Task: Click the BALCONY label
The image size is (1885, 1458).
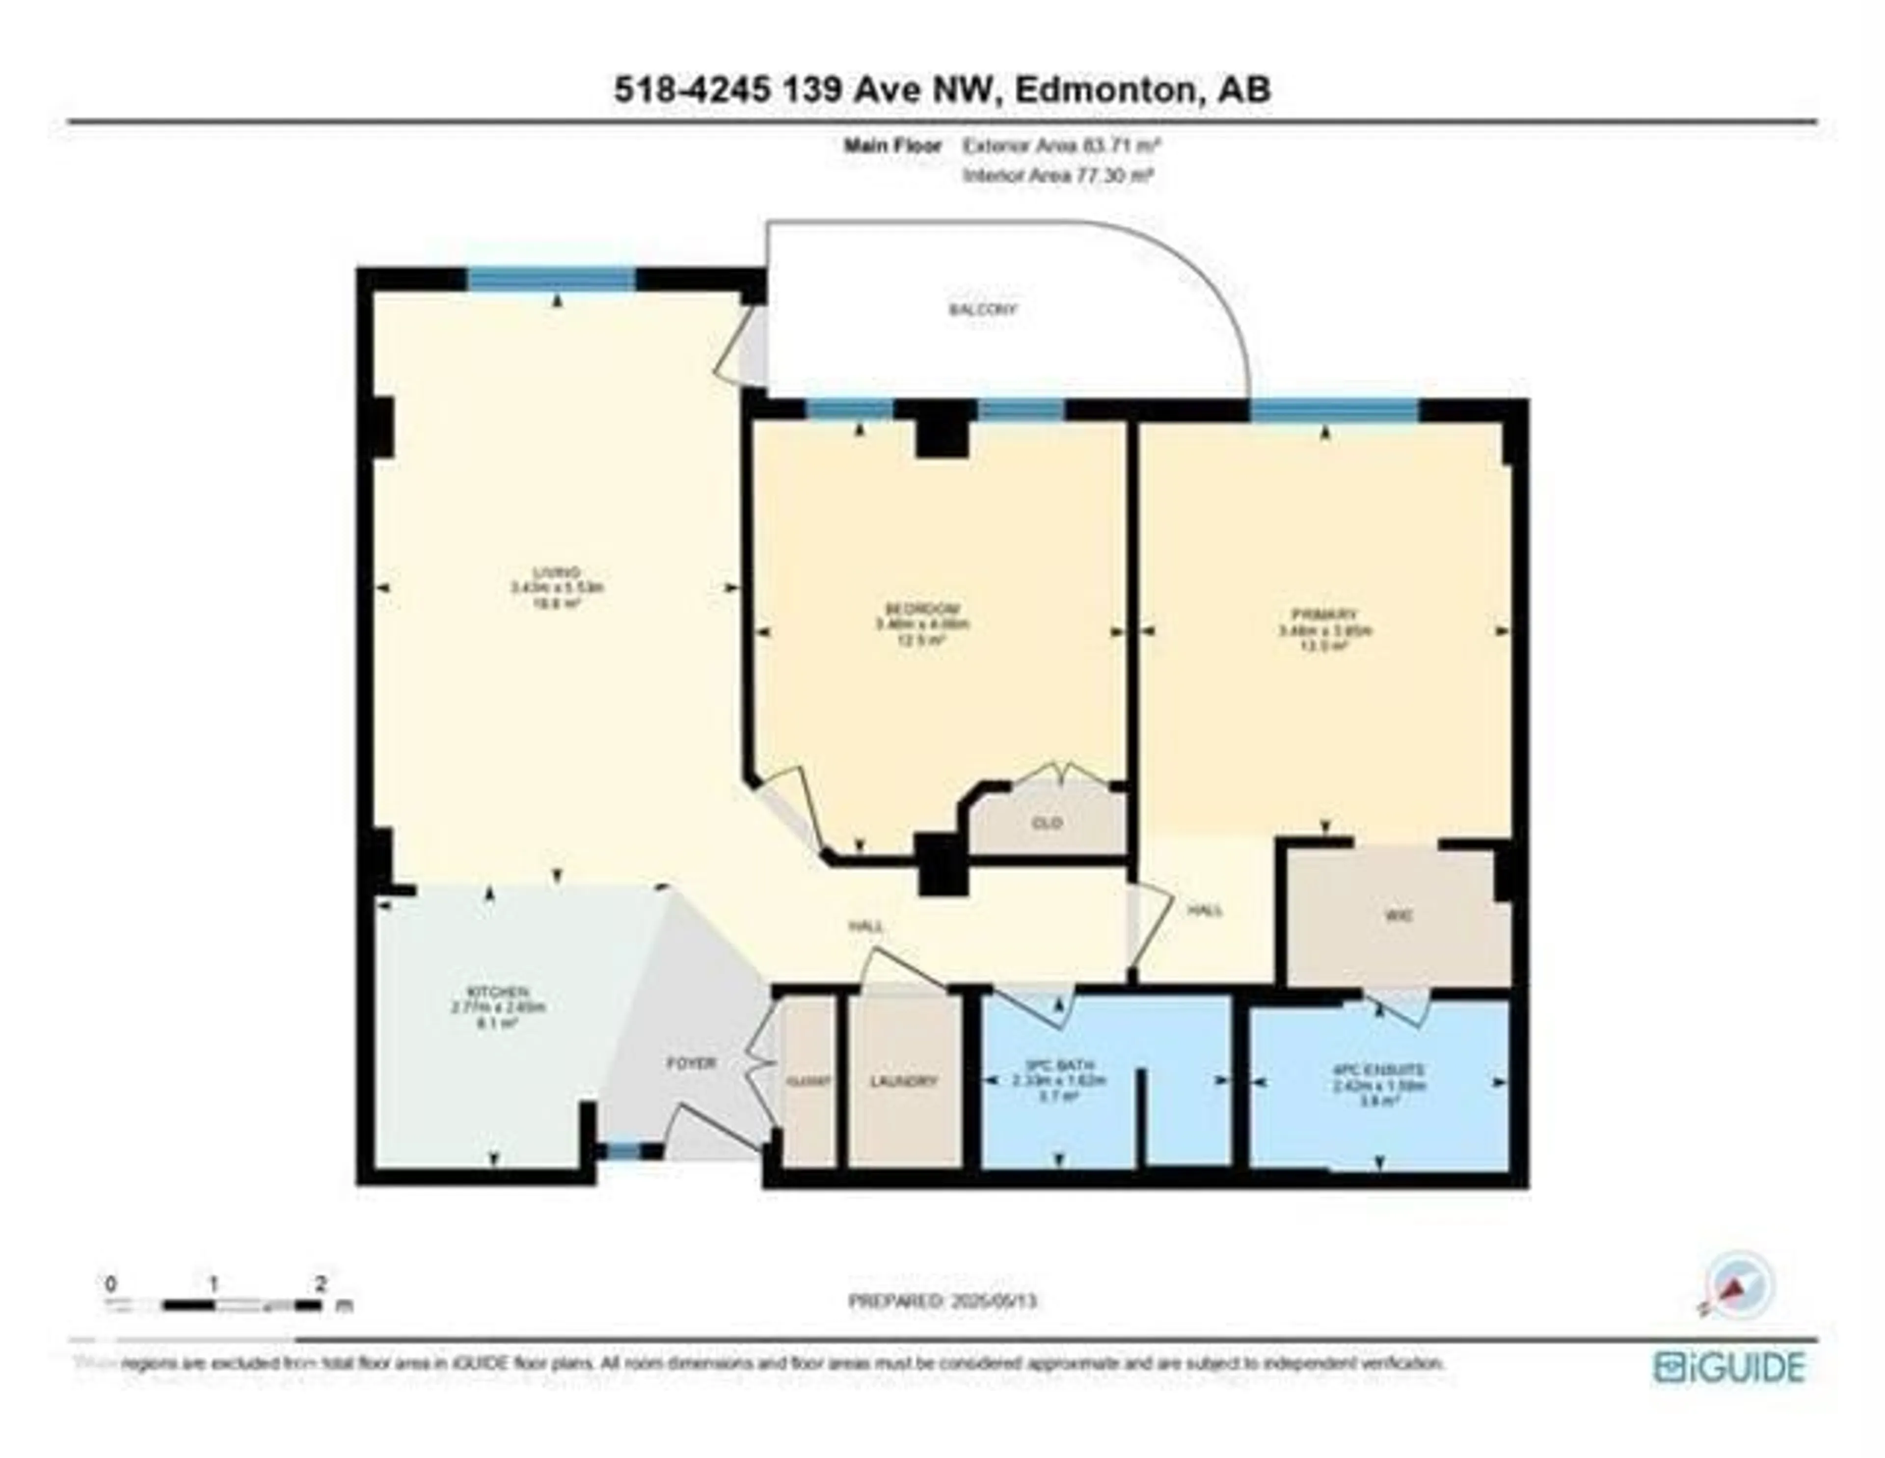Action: [x=982, y=309]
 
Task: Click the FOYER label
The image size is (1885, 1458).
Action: [x=691, y=1063]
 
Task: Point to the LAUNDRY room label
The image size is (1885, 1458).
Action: [x=904, y=1081]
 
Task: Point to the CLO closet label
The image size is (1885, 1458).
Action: [x=1047, y=823]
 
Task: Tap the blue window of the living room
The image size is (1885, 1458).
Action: [x=552, y=279]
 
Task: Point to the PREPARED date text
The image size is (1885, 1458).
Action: [x=942, y=1300]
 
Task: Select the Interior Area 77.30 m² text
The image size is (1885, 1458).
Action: [x=1058, y=175]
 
